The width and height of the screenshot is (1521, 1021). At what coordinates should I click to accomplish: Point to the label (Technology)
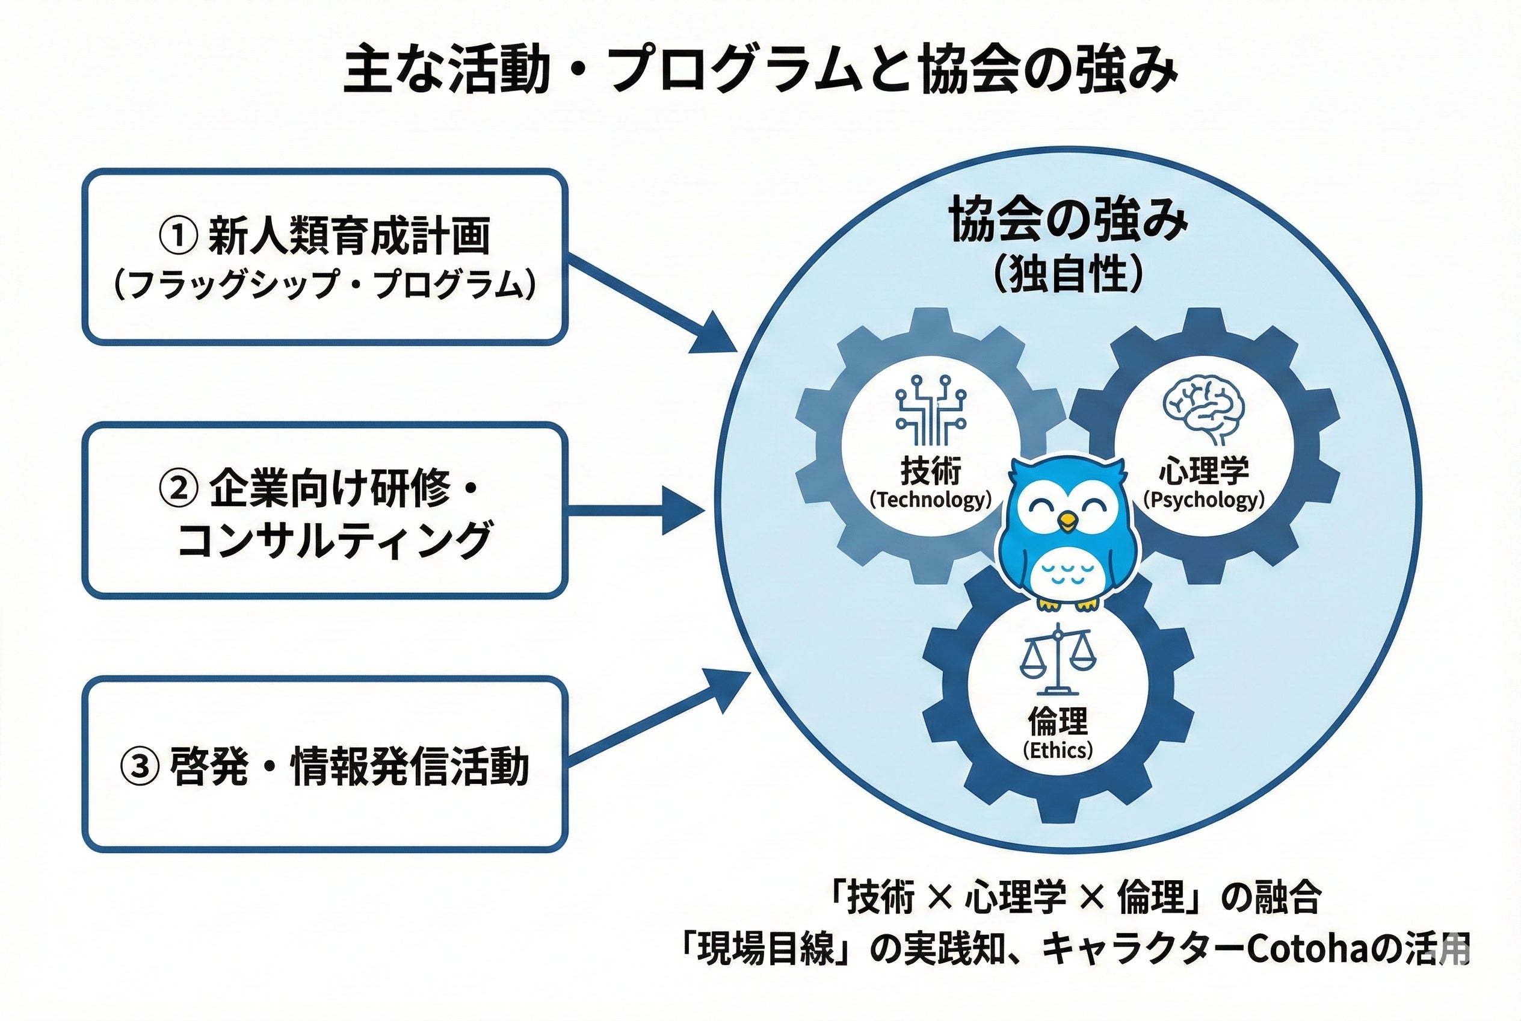[x=931, y=500]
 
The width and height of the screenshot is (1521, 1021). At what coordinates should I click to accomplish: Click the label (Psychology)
[x=1203, y=500]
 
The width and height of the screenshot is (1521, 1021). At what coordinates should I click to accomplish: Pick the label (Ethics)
[x=1058, y=750]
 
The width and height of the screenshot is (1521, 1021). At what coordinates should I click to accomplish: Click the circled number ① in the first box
[x=177, y=236]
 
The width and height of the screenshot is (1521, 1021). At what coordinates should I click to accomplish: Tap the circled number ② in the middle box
[x=177, y=488]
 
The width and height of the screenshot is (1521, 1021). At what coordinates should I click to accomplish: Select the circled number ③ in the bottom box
[x=139, y=766]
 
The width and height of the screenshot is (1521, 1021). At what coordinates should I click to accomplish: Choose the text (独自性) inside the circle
[x=1068, y=273]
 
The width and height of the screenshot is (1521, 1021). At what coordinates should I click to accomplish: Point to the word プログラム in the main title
[x=755, y=70]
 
